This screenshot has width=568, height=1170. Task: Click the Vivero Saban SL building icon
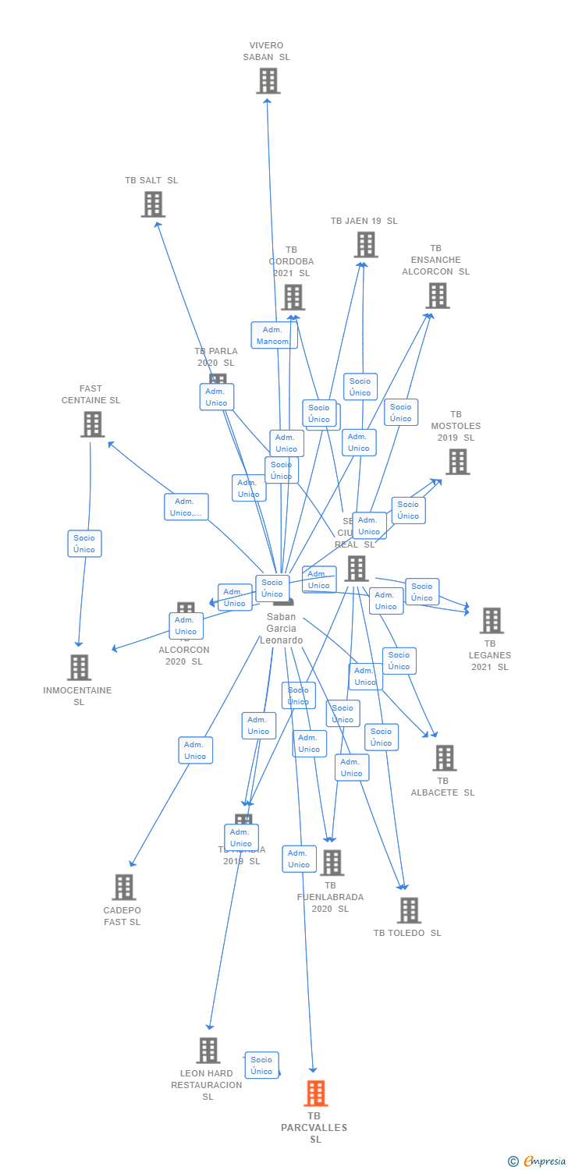268,80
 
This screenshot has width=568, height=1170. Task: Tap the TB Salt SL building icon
153,204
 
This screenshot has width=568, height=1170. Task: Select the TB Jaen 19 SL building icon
365,245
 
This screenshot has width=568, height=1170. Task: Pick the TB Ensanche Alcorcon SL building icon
438,296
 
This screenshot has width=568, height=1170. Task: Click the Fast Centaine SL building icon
92,424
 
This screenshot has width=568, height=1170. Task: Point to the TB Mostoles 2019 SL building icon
457,462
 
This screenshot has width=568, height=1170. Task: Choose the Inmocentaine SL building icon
79,668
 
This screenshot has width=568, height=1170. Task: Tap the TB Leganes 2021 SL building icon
491,621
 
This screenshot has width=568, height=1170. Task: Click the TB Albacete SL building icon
444,758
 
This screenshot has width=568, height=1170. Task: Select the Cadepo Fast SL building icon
123,888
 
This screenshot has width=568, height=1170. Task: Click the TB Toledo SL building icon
409,910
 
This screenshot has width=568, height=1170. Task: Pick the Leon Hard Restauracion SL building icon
208,1051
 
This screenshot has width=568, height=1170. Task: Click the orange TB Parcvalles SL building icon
315,1094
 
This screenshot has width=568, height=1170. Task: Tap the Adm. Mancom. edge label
274,335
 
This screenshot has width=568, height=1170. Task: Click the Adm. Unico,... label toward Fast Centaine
186,507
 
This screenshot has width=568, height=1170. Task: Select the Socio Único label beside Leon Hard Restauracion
262,1065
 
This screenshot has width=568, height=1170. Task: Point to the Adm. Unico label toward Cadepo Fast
195,750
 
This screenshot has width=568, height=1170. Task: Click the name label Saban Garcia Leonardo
281,629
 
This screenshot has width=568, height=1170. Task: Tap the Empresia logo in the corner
538,1161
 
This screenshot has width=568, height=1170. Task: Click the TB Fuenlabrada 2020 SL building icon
332,863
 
